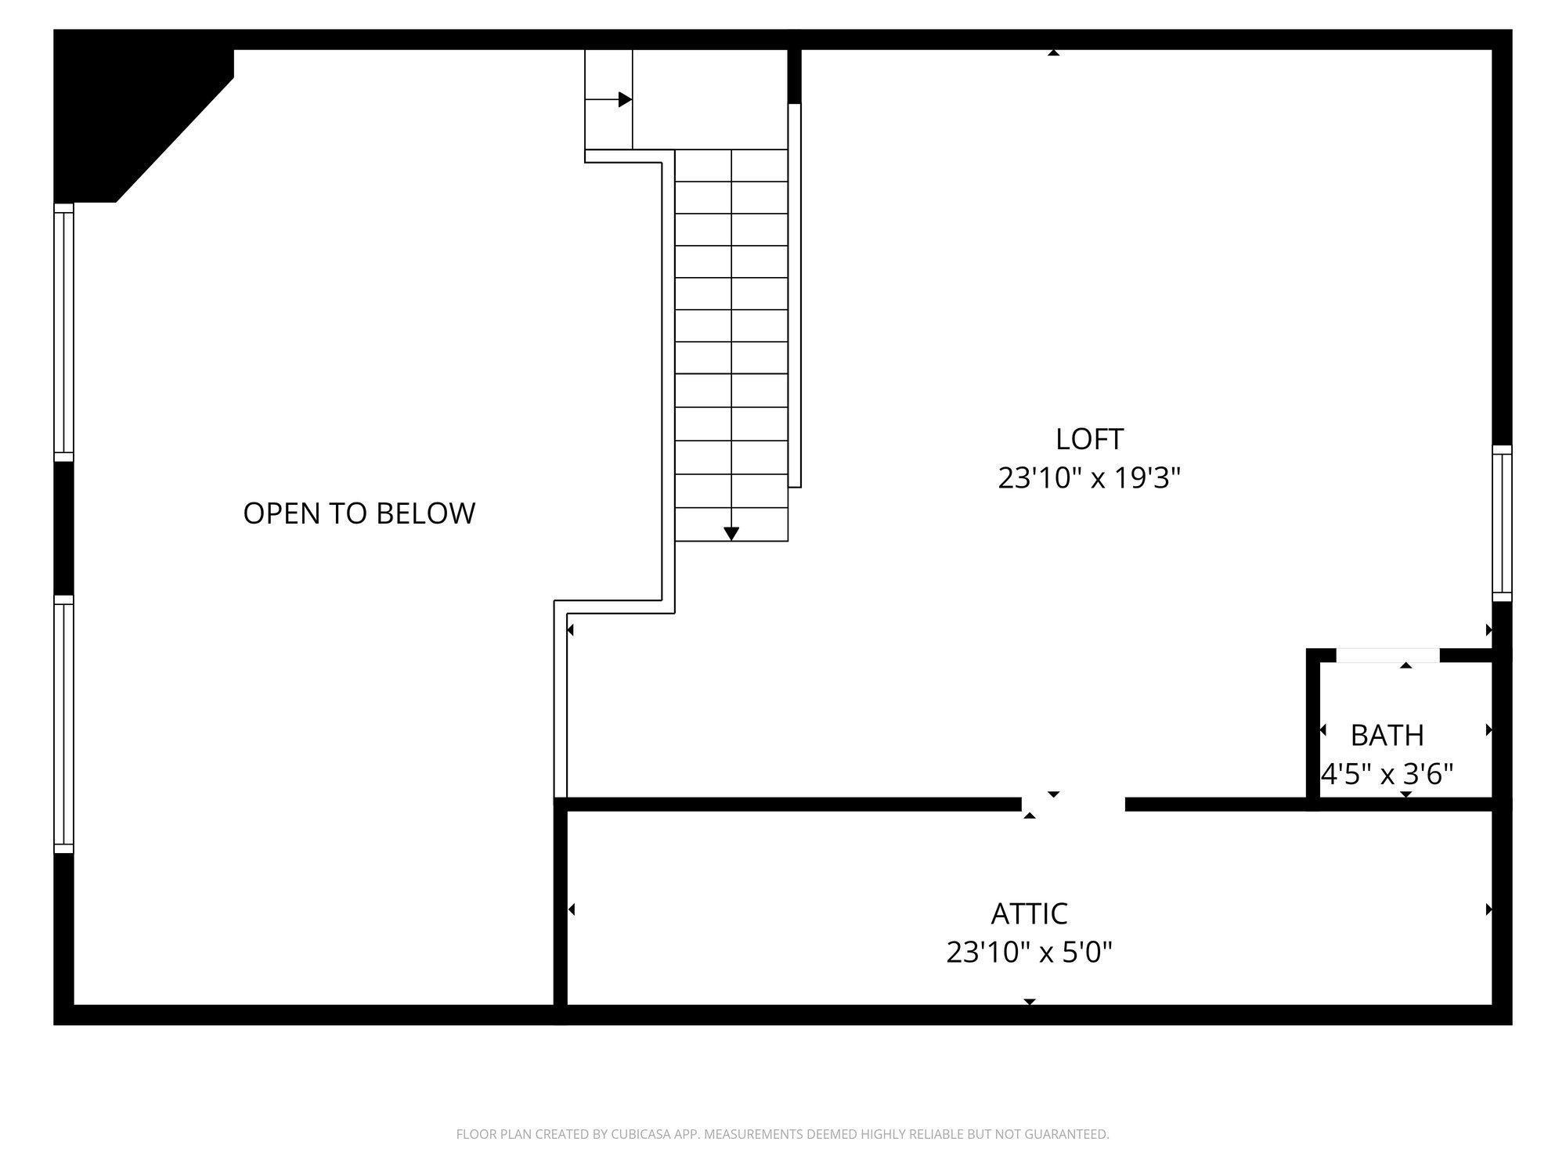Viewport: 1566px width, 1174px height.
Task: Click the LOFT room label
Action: click(1089, 439)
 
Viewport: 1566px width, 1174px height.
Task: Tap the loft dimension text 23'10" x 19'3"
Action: click(1089, 477)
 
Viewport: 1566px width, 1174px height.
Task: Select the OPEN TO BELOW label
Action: click(359, 513)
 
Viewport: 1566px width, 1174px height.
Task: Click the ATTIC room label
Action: click(1029, 913)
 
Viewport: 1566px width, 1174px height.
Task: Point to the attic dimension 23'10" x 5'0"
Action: click(1029, 953)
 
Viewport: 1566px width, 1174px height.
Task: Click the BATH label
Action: click(1387, 735)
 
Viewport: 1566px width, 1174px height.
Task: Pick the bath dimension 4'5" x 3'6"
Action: click(1387, 774)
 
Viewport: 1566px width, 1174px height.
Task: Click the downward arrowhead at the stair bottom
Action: click(731, 534)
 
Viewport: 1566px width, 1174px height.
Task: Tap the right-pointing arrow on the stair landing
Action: click(625, 99)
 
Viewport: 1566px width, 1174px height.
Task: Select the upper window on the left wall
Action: click(63, 333)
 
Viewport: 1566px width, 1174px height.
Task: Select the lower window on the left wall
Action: click(63, 724)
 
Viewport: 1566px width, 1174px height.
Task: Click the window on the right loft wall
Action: click(1502, 523)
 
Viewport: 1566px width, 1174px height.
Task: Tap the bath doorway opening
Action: click(1387, 655)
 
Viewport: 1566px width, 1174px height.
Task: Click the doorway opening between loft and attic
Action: click(1073, 804)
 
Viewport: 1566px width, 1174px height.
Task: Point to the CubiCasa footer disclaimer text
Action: click(782, 1134)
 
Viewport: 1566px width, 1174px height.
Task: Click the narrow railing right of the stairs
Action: click(795, 295)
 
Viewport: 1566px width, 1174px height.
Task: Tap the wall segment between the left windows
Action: click(63, 528)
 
